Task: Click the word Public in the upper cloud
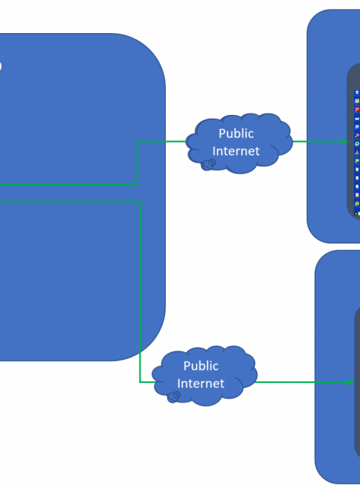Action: coord(236,134)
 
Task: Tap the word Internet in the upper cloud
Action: coord(236,151)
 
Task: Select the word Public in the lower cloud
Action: coord(201,366)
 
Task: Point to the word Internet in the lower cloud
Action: coord(201,384)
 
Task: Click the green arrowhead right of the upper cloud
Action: coord(345,142)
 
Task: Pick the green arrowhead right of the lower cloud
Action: coord(350,382)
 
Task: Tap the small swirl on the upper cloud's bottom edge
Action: coord(209,164)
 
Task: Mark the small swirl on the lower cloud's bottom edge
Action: coord(174,397)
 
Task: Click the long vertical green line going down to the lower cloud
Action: coord(140,292)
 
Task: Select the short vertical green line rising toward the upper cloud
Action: coord(137,164)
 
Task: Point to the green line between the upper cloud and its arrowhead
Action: coord(317,142)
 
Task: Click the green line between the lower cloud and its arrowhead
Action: coord(301,382)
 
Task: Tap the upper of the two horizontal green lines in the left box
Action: coord(68,185)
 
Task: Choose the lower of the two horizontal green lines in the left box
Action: coord(70,202)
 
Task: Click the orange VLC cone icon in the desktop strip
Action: coord(357,152)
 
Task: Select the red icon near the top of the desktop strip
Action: coord(357,110)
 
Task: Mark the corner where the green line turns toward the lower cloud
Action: coord(140,382)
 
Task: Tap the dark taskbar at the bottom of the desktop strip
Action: coord(357,214)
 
